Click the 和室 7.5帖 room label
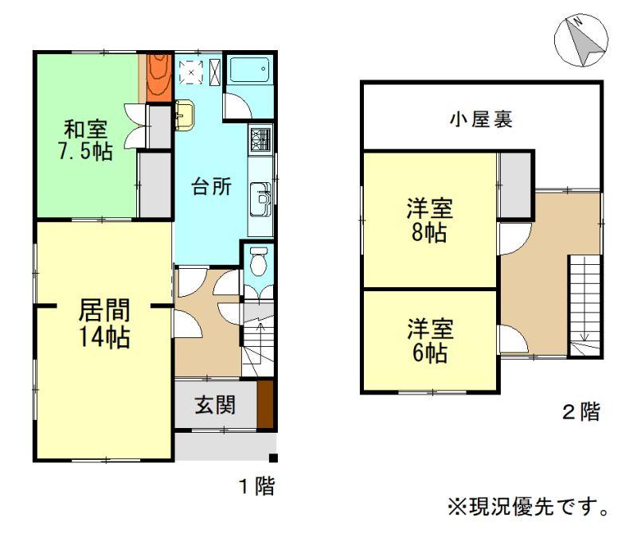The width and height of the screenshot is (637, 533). coord(86,140)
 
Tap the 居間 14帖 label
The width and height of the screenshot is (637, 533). coord(104,324)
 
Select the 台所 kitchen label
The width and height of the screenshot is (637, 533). coord(211,187)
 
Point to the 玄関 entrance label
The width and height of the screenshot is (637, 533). coord(215,405)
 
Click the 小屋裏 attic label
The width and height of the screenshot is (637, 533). coord(481,119)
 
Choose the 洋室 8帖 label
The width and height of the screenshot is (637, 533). coord(429,220)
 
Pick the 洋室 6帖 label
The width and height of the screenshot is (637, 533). coord(430,340)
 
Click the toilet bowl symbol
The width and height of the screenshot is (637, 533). coord(258,262)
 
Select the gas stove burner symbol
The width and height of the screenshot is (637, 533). coord(261,139)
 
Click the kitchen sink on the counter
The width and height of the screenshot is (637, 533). coord(260,200)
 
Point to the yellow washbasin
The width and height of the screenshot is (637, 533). coord(184,115)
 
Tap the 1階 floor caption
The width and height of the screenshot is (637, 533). coord(256,485)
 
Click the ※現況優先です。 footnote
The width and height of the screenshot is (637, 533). coord(528,507)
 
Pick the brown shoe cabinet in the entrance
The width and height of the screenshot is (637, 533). coord(266,404)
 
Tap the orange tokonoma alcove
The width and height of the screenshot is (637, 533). coord(159,77)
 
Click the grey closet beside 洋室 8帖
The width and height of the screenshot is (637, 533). coord(515,185)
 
